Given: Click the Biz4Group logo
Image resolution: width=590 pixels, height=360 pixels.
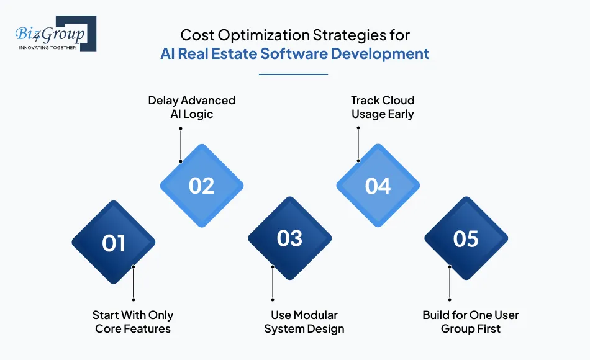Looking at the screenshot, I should [x=55, y=34].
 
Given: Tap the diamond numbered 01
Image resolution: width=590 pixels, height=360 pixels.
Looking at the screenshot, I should [x=114, y=243].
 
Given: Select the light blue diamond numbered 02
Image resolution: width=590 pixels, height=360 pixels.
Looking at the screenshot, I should [x=202, y=186].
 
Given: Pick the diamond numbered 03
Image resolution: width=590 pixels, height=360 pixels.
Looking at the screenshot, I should [x=289, y=239].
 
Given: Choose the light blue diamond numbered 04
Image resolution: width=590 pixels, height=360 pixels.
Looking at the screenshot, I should [x=378, y=186].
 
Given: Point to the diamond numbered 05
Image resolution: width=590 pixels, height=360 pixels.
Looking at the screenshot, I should [x=466, y=239].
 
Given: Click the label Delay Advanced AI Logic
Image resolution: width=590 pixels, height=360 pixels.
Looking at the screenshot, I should [x=192, y=107].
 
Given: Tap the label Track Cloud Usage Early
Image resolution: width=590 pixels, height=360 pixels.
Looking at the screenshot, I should [x=383, y=107].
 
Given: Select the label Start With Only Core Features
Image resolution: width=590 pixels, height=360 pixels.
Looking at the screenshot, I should [x=133, y=322].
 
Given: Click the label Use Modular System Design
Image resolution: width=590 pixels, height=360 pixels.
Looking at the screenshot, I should [x=304, y=322].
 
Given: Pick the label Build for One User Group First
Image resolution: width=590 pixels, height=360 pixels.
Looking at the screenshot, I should [x=471, y=322].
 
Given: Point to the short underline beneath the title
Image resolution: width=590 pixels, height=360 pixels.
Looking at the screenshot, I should [x=293, y=74].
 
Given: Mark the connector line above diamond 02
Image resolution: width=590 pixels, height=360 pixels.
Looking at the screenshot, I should [x=181, y=145].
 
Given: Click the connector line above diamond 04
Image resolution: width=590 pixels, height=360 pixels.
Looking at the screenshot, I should [x=358, y=145].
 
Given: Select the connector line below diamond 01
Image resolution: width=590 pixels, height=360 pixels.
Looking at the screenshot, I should [x=134, y=282].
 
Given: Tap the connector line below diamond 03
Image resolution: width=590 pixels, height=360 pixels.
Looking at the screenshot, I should [x=273, y=282].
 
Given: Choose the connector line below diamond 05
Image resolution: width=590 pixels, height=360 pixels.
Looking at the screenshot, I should [x=450, y=282].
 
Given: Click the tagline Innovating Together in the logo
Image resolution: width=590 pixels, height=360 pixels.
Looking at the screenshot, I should [x=47, y=47].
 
